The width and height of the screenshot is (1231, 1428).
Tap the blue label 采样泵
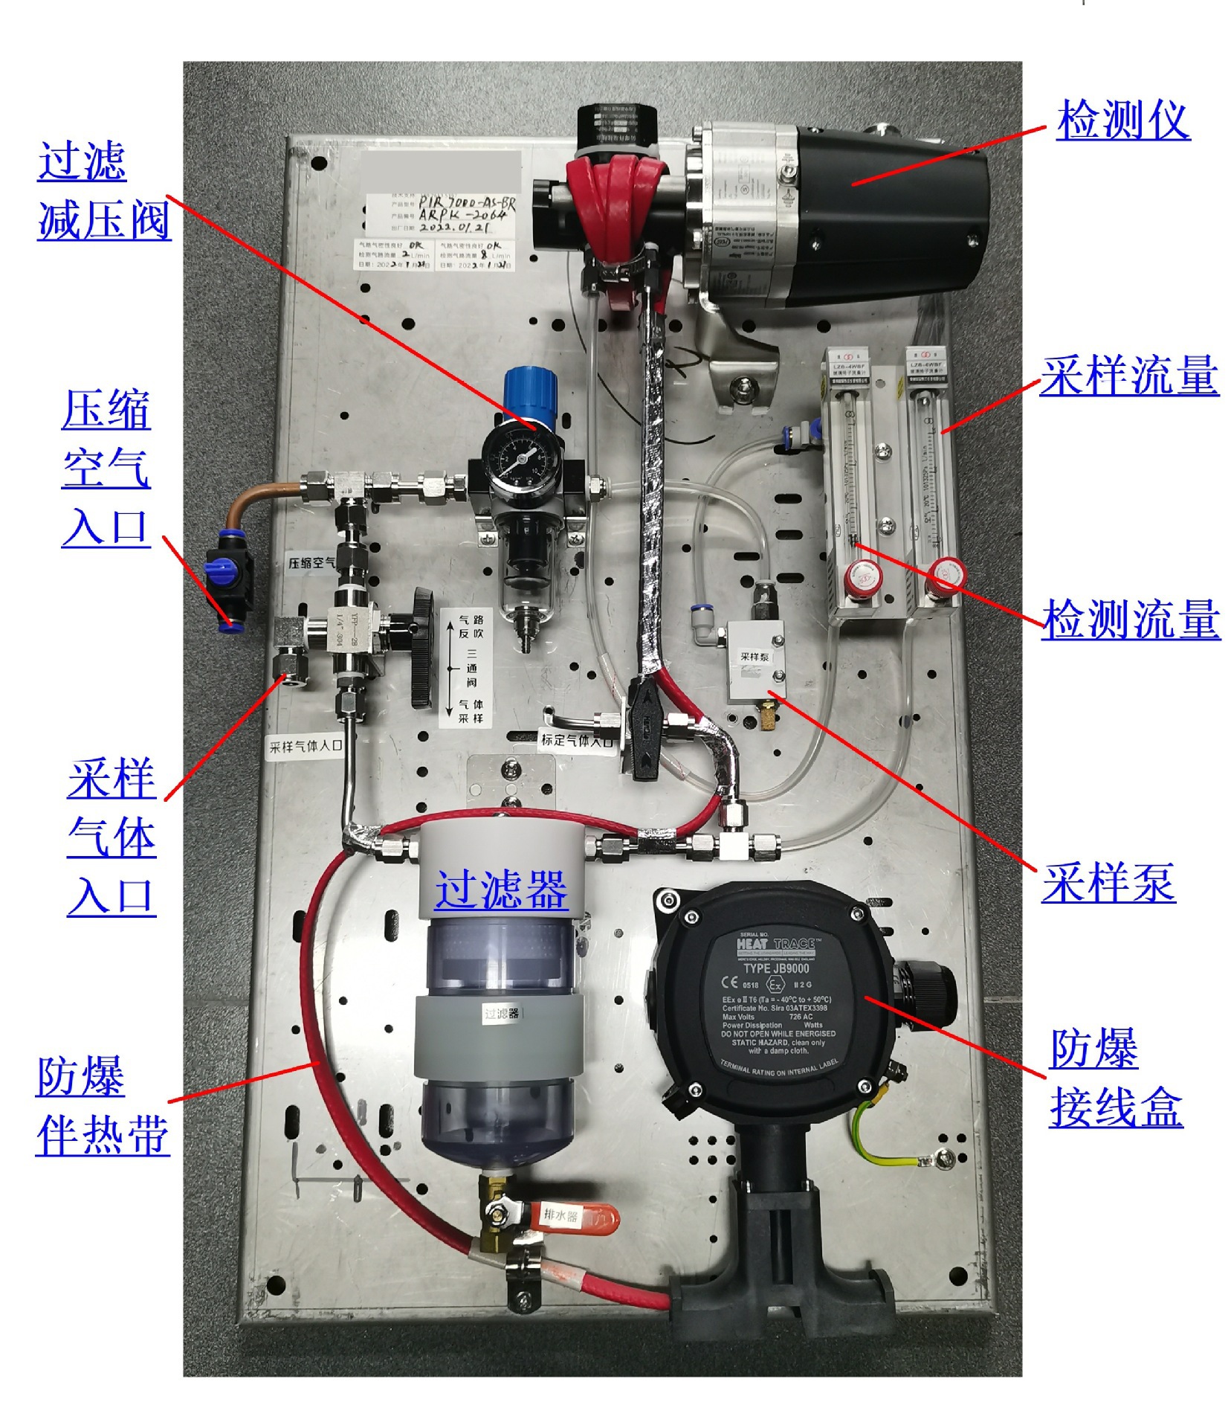tap(1108, 883)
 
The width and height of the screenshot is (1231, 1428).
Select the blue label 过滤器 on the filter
tap(501, 890)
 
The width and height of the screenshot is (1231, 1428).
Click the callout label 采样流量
tap(1128, 376)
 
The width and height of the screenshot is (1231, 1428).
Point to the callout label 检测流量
tap(1130, 620)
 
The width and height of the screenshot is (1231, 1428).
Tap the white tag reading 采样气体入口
tap(306, 746)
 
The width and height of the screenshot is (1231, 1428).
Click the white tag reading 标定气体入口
tap(577, 740)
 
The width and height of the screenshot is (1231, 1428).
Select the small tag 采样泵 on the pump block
tap(754, 657)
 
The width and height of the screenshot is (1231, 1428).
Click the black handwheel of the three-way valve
tap(421, 648)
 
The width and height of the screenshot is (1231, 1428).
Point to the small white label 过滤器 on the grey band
tap(503, 1014)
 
